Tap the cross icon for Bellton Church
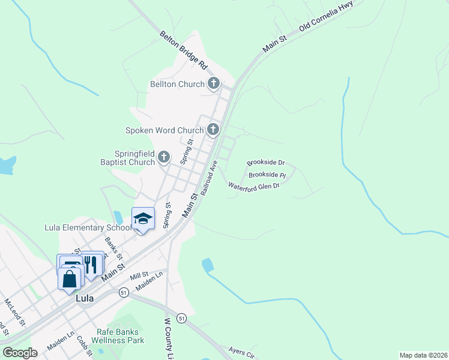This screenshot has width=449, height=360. point(214,84)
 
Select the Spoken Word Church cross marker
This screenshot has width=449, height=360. point(213,129)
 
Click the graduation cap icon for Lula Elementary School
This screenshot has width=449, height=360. point(143,219)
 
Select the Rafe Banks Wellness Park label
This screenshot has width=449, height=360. point(118,336)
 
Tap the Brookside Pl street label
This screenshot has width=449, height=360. point(267,175)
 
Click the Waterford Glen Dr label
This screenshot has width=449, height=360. point(254,186)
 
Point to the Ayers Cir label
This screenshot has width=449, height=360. point(242,352)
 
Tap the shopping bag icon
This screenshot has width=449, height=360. point(70,278)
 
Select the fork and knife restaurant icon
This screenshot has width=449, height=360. point(91,265)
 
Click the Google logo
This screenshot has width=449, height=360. point(20,353)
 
